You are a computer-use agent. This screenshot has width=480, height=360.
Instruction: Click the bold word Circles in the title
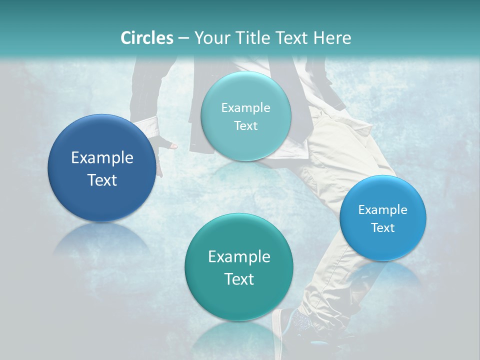click(146, 38)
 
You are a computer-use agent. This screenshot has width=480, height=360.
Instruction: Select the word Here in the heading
click(332, 38)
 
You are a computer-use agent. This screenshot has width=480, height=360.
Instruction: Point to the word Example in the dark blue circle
click(102, 158)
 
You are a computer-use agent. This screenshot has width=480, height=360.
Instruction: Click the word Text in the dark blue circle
click(102, 180)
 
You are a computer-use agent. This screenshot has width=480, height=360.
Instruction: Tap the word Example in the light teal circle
click(245, 107)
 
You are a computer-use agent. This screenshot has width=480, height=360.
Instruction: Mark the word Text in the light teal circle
click(245, 125)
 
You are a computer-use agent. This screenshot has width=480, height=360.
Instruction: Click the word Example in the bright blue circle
click(383, 209)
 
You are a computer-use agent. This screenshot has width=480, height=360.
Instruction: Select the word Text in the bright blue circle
click(383, 227)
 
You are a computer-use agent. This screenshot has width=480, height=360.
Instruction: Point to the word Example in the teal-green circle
click(239, 256)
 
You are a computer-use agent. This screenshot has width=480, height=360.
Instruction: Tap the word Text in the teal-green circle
click(239, 279)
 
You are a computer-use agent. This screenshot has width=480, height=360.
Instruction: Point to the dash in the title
click(183, 38)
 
